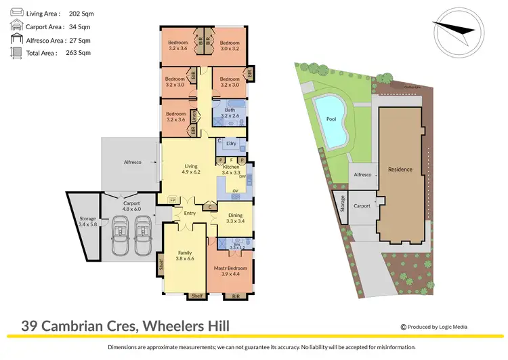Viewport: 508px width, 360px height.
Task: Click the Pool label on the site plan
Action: coord(331,119)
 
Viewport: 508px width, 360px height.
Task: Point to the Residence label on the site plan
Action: coord(399,169)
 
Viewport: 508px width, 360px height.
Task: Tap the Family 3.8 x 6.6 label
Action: coord(185,255)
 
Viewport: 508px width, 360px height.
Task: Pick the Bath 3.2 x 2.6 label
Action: coord(230,113)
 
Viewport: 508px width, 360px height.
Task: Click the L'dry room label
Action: coord(232,146)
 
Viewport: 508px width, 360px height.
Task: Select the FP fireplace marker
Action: coord(172,201)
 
